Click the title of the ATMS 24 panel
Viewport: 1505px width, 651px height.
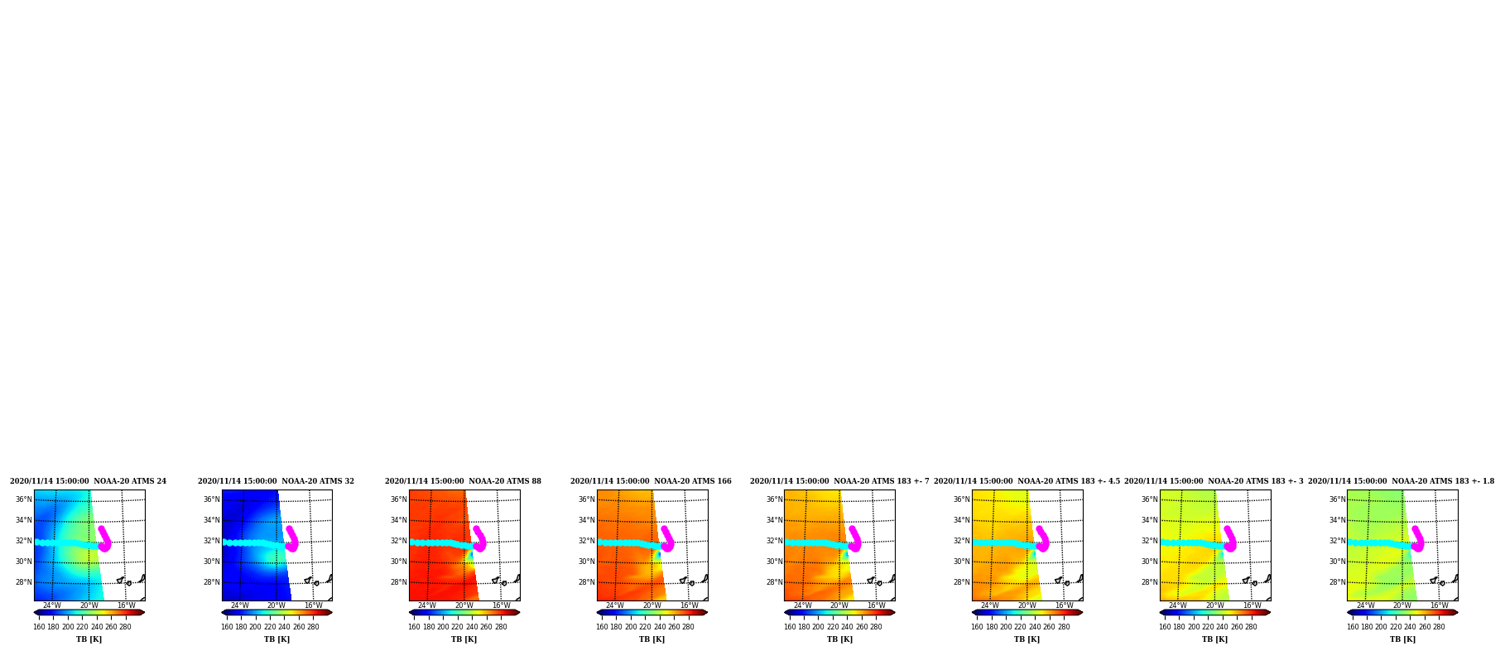(x=88, y=481)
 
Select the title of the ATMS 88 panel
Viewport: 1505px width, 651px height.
(x=463, y=481)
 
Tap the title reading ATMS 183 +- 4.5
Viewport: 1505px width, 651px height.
(x=1027, y=481)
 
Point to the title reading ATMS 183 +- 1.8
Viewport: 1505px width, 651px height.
(x=1402, y=481)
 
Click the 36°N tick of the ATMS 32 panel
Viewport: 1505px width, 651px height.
(x=212, y=499)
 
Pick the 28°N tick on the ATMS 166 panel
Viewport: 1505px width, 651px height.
(x=587, y=582)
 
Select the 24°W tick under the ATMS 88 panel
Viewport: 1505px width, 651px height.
(x=427, y=605)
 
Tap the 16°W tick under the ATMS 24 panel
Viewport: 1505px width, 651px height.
(x=127, y=605)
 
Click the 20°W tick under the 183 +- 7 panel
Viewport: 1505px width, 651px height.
(x=839, y=605)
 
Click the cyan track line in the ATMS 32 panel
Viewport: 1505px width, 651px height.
(x=253, y=543)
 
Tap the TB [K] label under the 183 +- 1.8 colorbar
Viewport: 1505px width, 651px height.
(x=1402, y=639)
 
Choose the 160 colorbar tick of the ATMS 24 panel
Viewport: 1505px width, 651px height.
(x=39, y=627)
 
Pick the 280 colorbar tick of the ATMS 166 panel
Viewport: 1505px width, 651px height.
(x=688, y=627)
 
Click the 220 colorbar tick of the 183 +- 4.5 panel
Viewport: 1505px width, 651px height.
(x=1020, y=627)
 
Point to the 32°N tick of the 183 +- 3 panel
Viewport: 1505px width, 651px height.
(x=1150, y=541)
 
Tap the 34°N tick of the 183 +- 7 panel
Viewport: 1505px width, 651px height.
(x=774, y=520)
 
